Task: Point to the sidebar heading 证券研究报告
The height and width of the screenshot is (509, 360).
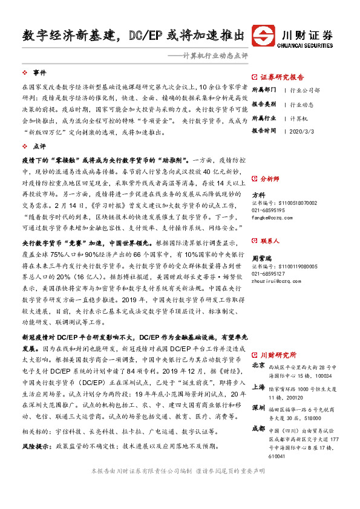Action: (282, 77)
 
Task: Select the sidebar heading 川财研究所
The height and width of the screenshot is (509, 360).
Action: (278, 355)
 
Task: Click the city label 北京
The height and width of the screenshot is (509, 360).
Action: (258, 366)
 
